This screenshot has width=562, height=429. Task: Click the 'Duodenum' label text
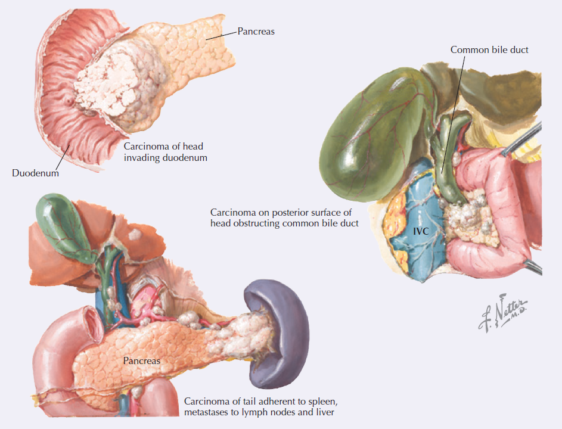(x=35, y=173)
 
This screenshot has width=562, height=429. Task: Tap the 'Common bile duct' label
(x=489, y=50)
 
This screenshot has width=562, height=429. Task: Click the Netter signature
(x=504, y=312)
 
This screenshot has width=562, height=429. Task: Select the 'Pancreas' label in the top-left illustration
(x=256, y=32)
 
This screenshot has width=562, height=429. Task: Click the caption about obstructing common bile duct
(x=284, y=217)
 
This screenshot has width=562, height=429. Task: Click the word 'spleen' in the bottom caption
(x=325, y=401)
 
